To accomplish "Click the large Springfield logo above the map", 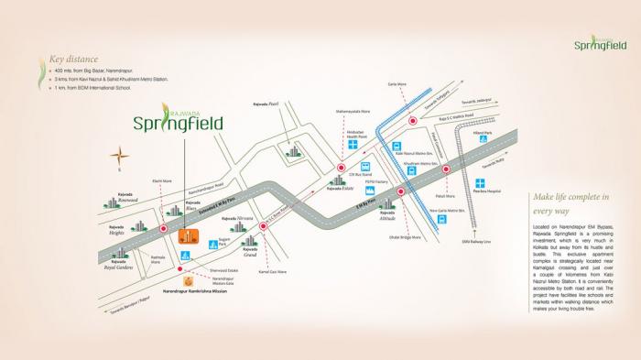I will coord(177,121).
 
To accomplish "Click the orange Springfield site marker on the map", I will coord(184,236).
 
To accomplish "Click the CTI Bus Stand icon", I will coord(365,167).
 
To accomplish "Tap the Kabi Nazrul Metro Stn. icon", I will coord(397,147).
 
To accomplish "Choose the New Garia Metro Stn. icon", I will coord(443,220).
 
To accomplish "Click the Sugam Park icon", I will coord(212,245).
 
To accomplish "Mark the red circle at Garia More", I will coord(413,120).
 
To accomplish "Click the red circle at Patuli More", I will coord(446,169).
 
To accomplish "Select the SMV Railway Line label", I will coord(476,241).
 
